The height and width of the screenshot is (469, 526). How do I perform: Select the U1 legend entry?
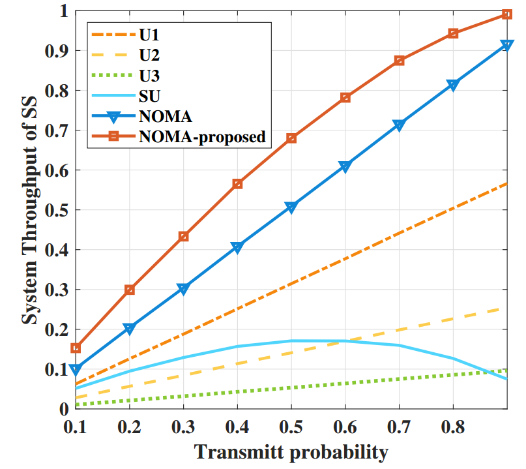point(147,32)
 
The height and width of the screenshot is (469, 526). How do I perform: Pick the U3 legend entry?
point(147,75)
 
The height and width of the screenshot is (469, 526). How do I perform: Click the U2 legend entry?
point(147,53)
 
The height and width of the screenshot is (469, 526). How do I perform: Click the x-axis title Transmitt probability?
point(291,451)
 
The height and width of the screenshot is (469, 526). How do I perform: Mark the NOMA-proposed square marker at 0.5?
point(291,138)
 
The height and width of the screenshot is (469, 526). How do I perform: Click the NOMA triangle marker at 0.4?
point(237,248)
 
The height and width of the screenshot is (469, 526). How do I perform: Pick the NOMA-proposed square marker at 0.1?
point(76,348)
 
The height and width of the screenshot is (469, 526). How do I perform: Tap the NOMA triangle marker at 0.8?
point(453,86)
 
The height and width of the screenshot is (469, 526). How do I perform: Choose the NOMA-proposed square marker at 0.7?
point(400,61)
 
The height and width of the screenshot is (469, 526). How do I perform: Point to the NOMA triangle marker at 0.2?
point(130,329)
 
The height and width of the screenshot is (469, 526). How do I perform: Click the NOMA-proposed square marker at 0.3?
point(183,236)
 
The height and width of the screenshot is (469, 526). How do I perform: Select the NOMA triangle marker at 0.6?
point(345,167)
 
